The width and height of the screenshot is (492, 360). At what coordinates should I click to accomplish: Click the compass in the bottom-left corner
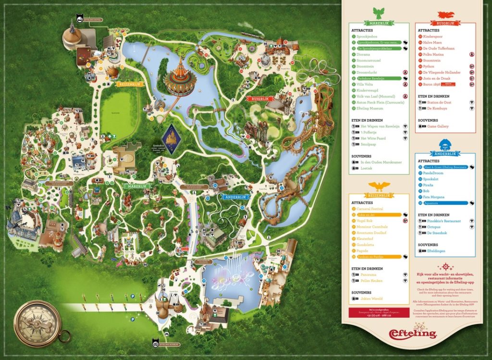(37, 322)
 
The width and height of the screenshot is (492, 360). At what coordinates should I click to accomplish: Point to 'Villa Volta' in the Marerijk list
(367, 84)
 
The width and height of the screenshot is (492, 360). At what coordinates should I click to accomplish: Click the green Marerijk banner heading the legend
(379, 23)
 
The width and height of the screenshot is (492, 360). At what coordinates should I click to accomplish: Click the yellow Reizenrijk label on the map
(128, 84)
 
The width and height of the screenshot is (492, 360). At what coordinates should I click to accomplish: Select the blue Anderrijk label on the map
(234, 197)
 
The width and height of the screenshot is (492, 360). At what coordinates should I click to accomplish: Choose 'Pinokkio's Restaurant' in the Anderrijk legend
(440, 221)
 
